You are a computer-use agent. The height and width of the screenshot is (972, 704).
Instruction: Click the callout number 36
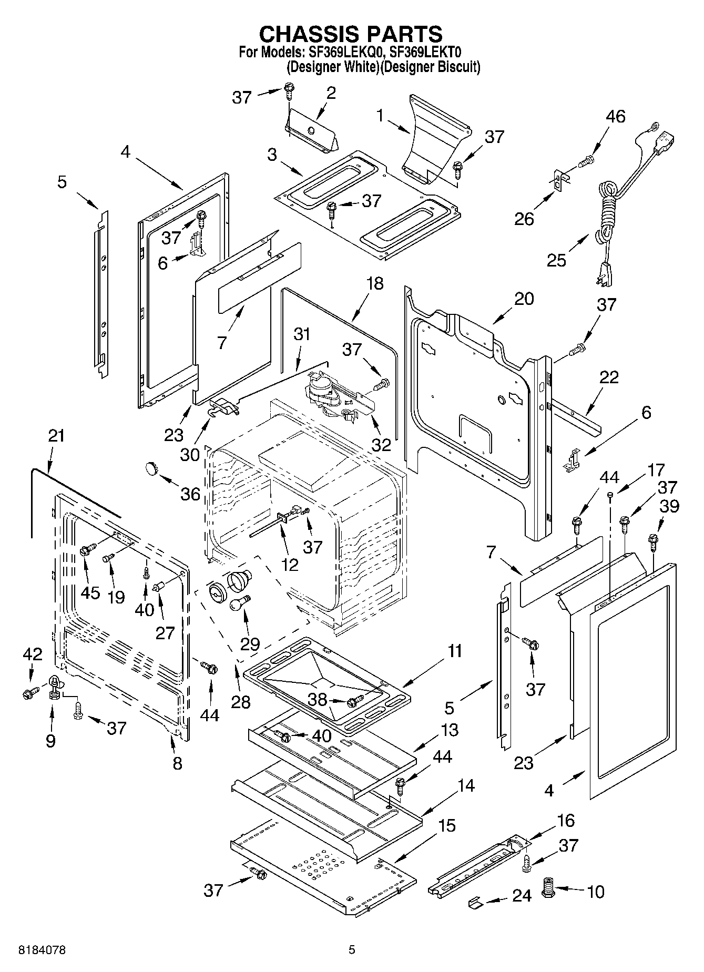tap(190, 494)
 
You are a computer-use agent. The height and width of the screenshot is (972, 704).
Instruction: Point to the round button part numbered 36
tap(151, 467)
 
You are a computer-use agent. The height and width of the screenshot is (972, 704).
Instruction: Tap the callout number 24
tap(522, 895)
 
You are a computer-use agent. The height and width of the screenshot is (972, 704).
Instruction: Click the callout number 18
tap(374, 283)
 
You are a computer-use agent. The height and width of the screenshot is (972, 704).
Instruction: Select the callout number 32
tap(381, 445)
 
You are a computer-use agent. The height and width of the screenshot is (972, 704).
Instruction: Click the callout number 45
tap(90, 592)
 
